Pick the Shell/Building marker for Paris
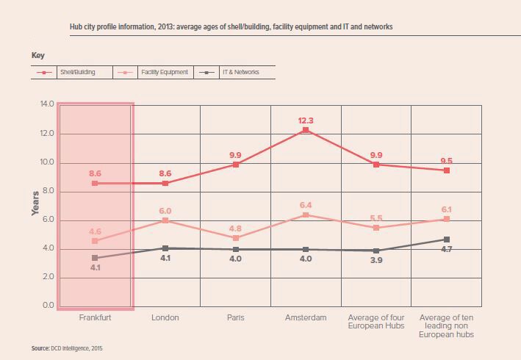(x=236, y=165)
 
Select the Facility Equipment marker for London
(x=165, y=220)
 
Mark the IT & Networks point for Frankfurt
(x=96, y=258)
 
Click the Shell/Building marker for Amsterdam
(x=306, y=130)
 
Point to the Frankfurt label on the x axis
(x=96, y=318)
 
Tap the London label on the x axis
(x=165, y=318)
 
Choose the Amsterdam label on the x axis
(x=306, y=318)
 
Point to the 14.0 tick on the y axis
(x=47, y=105)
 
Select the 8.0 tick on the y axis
(x=47, y=191)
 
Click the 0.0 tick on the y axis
(x=47, y=306)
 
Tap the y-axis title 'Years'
(x=35, y=204)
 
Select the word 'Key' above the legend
(x=38, y=55)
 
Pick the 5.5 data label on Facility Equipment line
(x=377, y=218)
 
